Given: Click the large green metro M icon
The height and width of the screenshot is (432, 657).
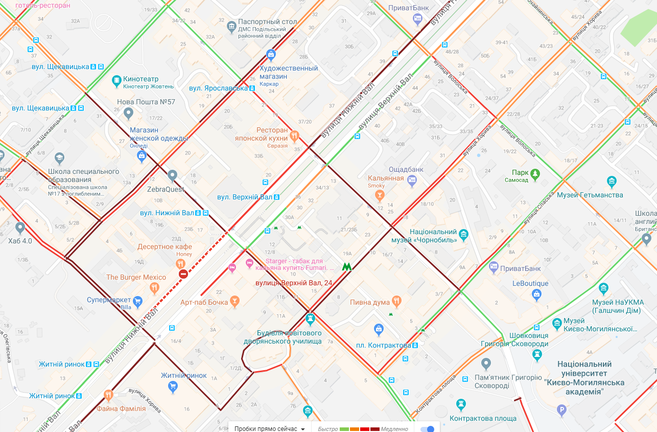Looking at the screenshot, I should (347, 266).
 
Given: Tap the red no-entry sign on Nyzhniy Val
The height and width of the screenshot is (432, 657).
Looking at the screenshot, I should (183, 275).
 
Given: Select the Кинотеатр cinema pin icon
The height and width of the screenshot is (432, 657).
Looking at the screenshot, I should (116, 80).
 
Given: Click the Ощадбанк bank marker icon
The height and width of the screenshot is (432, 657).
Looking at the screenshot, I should (412, 179).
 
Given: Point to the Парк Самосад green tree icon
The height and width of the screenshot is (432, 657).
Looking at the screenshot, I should (535, 174).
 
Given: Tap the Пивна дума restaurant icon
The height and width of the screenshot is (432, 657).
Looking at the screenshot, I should (396, 301).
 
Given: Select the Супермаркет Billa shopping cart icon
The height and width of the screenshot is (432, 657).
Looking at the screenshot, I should (137, 301).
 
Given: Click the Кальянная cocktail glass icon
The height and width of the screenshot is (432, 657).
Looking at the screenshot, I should (380, 195).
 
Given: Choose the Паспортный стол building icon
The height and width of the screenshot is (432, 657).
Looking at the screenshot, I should (231, 25).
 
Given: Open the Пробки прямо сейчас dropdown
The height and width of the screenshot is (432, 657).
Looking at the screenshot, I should (270, 428).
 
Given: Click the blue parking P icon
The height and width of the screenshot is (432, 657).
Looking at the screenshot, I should (562, 410).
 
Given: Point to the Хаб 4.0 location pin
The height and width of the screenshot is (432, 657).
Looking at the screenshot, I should (20, 228).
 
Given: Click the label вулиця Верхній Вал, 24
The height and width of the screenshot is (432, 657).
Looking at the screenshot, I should (294, 283).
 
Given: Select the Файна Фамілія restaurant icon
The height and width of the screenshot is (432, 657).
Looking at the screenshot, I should (108, 395).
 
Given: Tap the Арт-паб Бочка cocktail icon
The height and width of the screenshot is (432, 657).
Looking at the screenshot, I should (234, 301).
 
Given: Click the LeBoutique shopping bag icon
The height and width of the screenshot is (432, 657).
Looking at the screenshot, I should (536, 294).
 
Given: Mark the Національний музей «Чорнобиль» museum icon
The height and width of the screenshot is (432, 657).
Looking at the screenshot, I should (464, 235).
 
